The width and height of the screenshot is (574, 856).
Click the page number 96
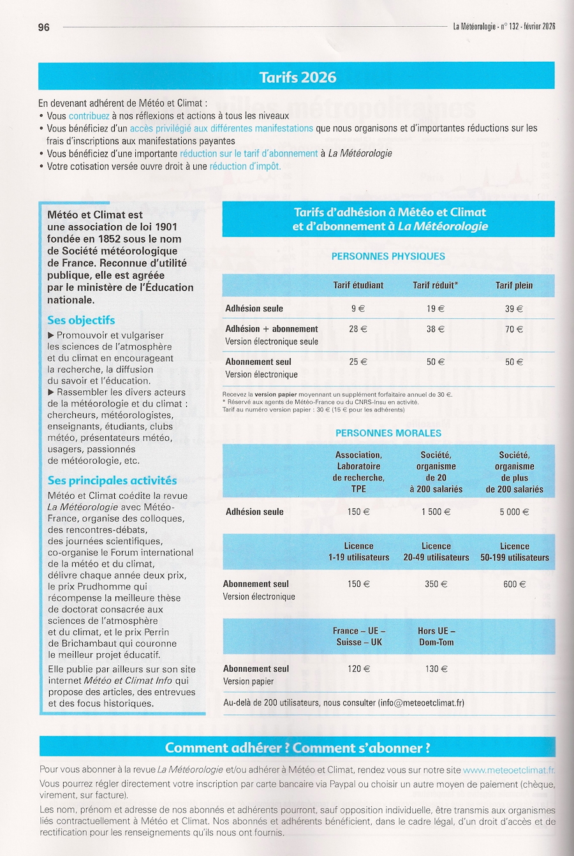click(43, 27)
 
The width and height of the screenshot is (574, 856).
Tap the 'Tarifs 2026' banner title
click(297, 77)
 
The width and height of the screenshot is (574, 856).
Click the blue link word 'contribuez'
click(89, 116)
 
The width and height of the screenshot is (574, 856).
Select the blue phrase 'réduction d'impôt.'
click(245, 166)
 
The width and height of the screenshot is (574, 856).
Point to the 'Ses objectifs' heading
click(81, 320)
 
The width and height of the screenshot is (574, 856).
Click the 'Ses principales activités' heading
click(112, 480)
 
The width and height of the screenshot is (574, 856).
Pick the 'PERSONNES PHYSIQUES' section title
click(388, 256)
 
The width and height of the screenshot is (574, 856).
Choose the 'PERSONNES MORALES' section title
click(388, 433)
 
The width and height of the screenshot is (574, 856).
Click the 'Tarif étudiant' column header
click(358, 285)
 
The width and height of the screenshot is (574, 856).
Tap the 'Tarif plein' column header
click(514, 285)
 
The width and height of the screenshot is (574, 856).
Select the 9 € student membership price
click(358, 309)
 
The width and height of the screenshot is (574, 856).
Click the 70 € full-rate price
click(514, 329)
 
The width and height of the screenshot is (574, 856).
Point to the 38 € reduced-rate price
click(436, 329)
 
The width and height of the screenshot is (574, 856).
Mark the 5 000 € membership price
click(515, 512)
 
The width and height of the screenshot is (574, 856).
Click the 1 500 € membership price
click(436, 512)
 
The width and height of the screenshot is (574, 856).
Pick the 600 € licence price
click(515, 584)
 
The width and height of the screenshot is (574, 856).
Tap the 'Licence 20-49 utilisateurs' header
click(436, 552)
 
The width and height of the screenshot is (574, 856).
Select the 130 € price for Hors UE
click(436, 668)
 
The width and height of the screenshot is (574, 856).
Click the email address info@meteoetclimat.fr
click(421, 703)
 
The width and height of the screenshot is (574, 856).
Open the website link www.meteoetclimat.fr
click(508, 770)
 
